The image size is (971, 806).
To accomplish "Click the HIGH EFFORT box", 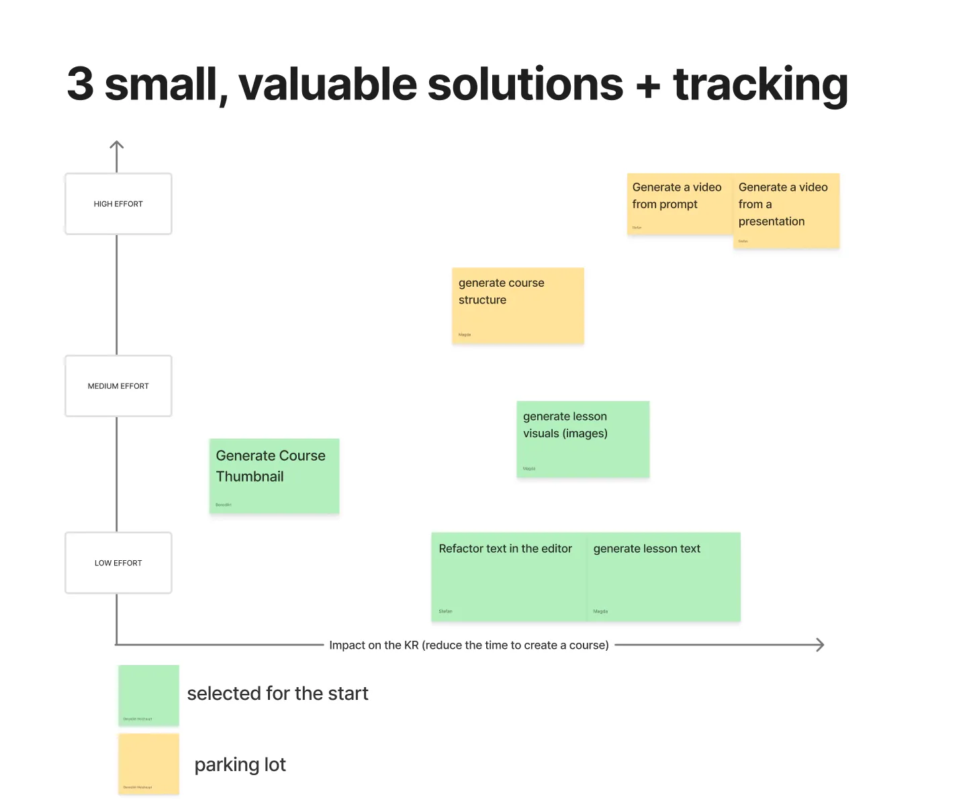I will tap(118, 204).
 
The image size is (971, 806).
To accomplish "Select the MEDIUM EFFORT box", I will tap(118, 386).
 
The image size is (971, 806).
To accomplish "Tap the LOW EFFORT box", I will tap(118, 563).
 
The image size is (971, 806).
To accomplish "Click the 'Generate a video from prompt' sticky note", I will tap(678, 204).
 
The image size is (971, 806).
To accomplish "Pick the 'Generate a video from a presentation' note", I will tap(786, 211).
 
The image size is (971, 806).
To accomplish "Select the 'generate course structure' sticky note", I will tap(518, 306).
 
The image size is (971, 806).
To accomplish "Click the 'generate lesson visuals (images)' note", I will tap(583, 439).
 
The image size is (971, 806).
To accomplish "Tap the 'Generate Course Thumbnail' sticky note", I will tap(274, 476).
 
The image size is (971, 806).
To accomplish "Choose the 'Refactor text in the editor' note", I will tap(508, 577).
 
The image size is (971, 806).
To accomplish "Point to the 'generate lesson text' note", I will tap(663, 577).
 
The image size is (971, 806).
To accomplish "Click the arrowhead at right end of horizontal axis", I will tap(820, 645).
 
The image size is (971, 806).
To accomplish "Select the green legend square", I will tap(148, 695).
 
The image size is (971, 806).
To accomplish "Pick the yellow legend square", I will tap(148, 764).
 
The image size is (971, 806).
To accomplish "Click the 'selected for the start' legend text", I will tap(277, 693).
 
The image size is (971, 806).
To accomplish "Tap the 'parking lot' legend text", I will tap(240, 764).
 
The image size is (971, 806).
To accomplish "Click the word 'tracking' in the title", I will tap(760, 85).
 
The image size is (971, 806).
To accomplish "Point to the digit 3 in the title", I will tap(80, 85).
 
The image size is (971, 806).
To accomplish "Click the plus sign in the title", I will tap(648, 86).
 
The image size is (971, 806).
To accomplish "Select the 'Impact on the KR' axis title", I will tap(469, 645).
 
